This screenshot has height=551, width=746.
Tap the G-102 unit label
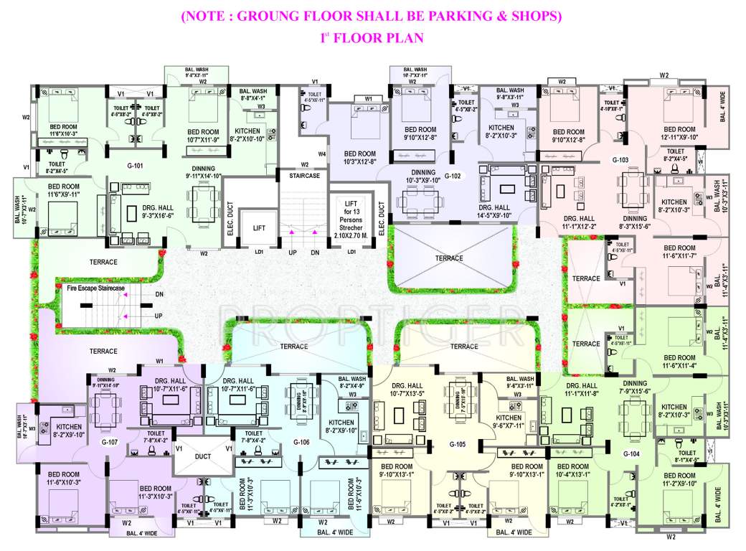pos(452,176)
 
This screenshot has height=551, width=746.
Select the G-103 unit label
pos(620,159)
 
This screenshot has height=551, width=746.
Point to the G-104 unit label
pos(631,454)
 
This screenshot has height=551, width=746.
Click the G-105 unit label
pos(458,443)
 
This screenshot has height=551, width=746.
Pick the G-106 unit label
pos(301,442)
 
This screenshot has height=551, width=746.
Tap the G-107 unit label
pos(109,442)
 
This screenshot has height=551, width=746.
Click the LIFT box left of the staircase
pos(259,227)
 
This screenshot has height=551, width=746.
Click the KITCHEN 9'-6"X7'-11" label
pos(509,422)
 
